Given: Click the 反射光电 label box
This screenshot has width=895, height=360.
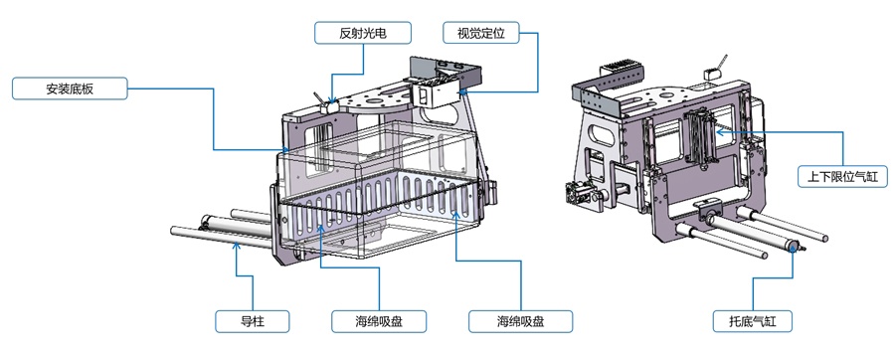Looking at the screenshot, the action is (362, 33).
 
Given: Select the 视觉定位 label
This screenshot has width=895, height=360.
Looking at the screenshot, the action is (480, 33).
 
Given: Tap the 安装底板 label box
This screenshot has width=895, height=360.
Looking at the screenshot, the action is (69, 89).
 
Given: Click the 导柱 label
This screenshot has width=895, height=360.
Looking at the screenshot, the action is (252, 321).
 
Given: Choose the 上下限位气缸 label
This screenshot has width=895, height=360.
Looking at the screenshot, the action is (842, 177).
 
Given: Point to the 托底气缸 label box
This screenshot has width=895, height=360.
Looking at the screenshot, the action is (753, 321).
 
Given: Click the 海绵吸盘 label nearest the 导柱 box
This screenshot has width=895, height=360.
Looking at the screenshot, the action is (379, 321).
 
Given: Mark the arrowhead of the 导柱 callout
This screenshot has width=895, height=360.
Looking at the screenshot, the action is (237, 246).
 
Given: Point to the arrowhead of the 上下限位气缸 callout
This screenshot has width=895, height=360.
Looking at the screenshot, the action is (719, 132).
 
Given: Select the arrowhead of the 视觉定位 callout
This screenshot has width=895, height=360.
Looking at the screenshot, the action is (462, 91).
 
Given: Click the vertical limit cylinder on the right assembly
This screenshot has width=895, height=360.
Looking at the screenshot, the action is (701, 137).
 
